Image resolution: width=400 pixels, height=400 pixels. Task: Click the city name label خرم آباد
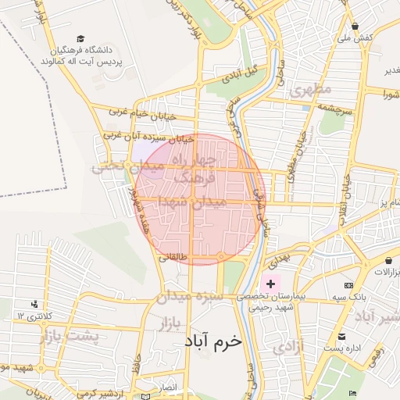click(x=214, y=342)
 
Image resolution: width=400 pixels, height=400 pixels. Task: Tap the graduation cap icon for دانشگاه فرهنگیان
click(x=81, y=38)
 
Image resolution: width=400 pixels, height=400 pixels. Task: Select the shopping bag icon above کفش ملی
click(x=354, y=25)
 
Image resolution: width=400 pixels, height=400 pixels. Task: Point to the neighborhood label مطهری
click(x=310, y=91)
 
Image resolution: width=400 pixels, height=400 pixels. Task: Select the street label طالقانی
click(x=173, y=256)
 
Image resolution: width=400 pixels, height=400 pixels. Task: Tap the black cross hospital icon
click(x=271, y=283)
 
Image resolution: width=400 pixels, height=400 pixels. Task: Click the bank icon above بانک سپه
click(x=348, y=285)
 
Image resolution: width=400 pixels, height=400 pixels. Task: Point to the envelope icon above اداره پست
click(x=341, y=336)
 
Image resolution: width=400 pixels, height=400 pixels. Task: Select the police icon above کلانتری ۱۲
click(x=34, y=303)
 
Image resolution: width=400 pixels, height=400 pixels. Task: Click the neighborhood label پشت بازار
click(x=72, y=336)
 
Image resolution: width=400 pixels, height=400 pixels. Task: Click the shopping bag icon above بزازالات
click(x=388, y=259)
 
